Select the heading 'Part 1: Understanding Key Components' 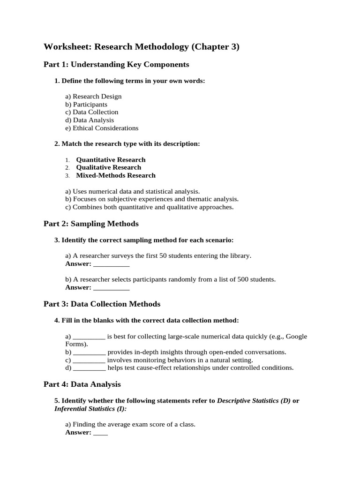pos(116,64)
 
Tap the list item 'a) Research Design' pos(93,96)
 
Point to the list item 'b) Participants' pos(86,104)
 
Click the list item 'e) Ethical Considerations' pos(102,128)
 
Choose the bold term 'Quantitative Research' pos(111,159)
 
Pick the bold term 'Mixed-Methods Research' pos(116,175)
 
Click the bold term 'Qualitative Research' pos(108,167)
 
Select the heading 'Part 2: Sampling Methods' pos(91,224)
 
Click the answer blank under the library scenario pos(111,264)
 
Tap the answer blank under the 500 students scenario pos(111,287)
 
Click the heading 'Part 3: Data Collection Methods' pos(102,304)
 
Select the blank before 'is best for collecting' pos(89,337)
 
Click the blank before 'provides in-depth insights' pos(89,352)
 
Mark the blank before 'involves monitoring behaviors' pos(89,360)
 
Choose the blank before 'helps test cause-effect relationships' pos(89,367)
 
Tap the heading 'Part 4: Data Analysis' pos(82,384)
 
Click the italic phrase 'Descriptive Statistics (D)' pos(254,401)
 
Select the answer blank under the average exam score pos(100,433)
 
